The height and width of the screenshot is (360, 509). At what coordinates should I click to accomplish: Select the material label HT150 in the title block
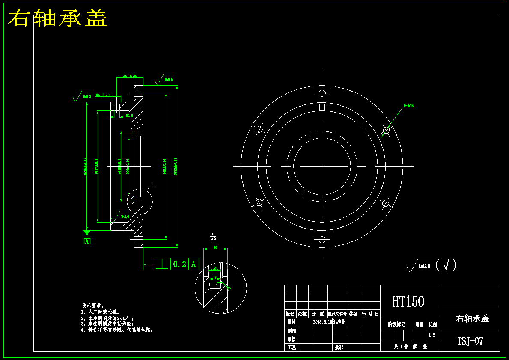pyautogui.click(x=408, y=302)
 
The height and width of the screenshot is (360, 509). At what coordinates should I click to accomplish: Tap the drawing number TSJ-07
pyautogui.click(x=470, y=341)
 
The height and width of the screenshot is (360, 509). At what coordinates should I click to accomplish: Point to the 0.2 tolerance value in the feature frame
pyautogui.click(x=179, y=265)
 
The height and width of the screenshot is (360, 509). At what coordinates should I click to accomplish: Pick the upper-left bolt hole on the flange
pyautogui.click(x=259, y=129)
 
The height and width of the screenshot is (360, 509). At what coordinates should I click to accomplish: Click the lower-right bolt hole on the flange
pyautogui.click(x=385, y=203)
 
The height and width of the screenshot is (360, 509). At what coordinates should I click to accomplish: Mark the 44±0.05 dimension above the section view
pyautogui.click(x=130, y=76)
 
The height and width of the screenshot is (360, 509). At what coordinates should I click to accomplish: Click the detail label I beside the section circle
pyautogui.click(x=152, y=185)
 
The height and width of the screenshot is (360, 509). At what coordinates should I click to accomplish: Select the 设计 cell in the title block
pyautogui.click(x=291, y=322)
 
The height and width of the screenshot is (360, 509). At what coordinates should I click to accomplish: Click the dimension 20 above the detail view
pyautogui.click(x=215, y=247)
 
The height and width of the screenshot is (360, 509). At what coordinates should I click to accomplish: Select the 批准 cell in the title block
pyautogui.click(x=339, y=347)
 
